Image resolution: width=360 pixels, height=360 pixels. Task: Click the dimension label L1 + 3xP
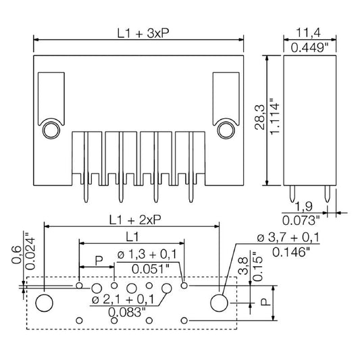[143, 34]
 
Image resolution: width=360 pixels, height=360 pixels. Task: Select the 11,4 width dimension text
[309, 33]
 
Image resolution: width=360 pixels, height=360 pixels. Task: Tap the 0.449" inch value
[310, 48]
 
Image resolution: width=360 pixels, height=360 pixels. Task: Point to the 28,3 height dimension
[260, 118]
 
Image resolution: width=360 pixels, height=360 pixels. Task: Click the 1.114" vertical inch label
[274, 117]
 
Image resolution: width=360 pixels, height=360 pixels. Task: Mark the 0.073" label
[301, 221]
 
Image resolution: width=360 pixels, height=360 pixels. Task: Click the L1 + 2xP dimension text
[135, 220]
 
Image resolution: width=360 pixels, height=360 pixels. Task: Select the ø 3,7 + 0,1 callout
[288, 237]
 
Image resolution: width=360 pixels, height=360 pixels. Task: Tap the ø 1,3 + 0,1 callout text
[147, 255]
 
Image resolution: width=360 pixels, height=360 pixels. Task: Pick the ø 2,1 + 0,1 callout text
[123, 300]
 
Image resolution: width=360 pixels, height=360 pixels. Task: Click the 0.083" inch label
[127, 312]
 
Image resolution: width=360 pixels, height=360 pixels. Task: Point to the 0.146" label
[291, 253]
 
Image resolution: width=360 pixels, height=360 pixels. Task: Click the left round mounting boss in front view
[51, 130]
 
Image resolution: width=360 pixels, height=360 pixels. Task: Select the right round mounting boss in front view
[226, 130]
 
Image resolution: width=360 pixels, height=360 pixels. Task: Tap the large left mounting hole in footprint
[45, 303]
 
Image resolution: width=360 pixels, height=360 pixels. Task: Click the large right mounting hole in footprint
[220, 303]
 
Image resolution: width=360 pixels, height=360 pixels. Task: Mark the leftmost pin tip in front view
[86, 203]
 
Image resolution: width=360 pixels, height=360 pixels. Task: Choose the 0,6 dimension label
[17, 255]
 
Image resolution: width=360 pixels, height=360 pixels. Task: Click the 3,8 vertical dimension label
[243, 266]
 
